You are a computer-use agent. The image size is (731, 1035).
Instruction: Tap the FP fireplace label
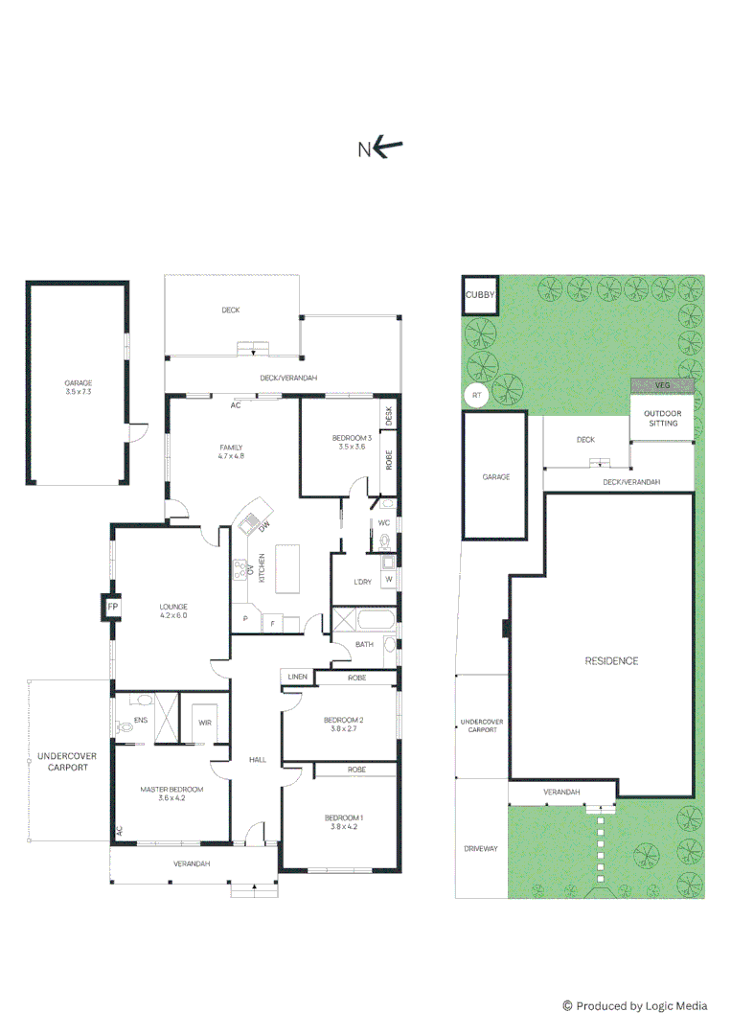click(x=112, y=608)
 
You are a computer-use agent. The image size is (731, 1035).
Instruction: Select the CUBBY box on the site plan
click(x=479, y=296)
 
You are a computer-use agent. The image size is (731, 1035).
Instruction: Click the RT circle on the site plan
click(x=476, y=395)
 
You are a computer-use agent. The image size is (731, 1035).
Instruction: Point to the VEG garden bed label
click(x=662, y=385)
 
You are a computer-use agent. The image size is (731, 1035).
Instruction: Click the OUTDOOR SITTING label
click(x=662, y=417)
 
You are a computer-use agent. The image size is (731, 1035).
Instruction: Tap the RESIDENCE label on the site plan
click(x=611, y=661)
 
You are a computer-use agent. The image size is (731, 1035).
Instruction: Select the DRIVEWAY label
click(x=482, y=849)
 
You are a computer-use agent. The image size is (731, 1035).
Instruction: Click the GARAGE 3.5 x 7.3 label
click(x=78, y=387)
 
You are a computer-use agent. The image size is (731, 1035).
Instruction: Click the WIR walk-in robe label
click(x=205, y=722)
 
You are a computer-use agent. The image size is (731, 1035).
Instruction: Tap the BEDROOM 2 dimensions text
click(x=343, y=729)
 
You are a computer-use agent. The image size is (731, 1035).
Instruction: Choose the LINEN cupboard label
click(x=297, y=678)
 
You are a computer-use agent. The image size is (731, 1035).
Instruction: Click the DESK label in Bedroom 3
click(x=389, y=416)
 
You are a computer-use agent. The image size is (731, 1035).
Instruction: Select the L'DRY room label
click(x=363, y=583)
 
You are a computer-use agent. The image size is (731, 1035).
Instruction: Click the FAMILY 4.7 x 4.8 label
click(x=231, y=451)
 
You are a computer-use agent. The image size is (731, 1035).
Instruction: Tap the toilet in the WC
click(x=386, y=541)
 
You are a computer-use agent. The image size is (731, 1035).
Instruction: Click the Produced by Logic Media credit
click(x=635, y=1005)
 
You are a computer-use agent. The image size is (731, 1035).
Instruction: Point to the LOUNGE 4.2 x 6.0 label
click(x=173, y=610)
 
